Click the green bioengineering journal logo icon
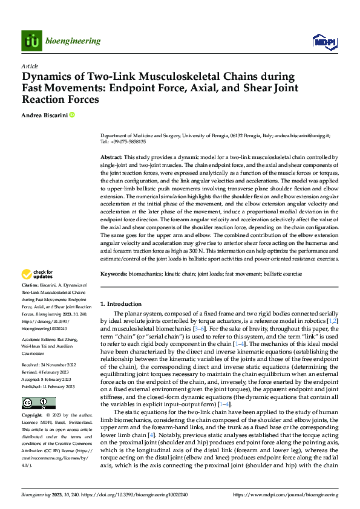click(31, 41)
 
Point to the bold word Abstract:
click(111, 157)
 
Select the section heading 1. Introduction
click(120, 303)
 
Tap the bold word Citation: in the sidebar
click(30, 285)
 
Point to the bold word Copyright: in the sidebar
click(32, 416)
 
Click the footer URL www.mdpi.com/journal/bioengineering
click(296, 494)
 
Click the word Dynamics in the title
click(48, 77)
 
